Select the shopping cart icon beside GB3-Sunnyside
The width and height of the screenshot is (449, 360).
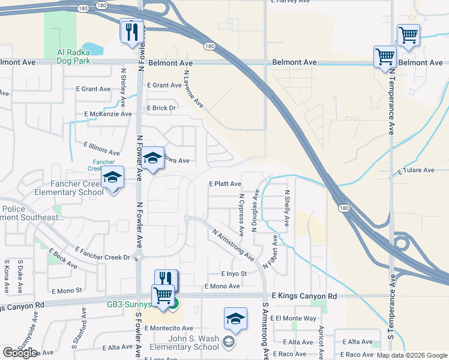(x=163, y=296)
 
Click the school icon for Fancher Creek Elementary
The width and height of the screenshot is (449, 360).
(x=112, y=178)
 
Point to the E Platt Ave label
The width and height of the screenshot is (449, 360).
(x=224, y=184)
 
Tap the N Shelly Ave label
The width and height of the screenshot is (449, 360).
(x=287, y=208)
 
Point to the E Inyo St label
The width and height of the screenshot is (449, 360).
(x=235, y=274)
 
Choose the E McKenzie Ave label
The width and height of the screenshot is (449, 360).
(x=108, y=114)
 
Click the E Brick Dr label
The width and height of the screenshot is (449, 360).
(x=161, y=108)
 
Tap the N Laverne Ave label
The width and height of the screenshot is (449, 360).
(x=193, y=89)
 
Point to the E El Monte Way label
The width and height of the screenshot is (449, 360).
(x=294, y=318)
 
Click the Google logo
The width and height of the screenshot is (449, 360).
(x=19, y=353)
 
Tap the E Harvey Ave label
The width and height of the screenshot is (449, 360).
(x=291, y=2)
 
